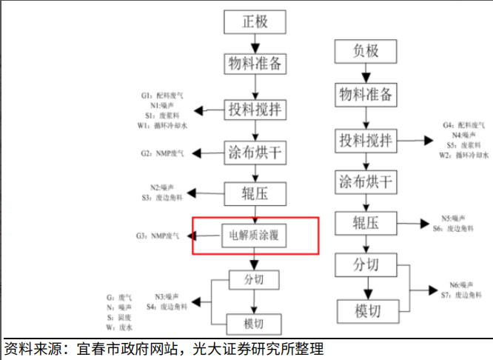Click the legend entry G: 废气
pos(119,297)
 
